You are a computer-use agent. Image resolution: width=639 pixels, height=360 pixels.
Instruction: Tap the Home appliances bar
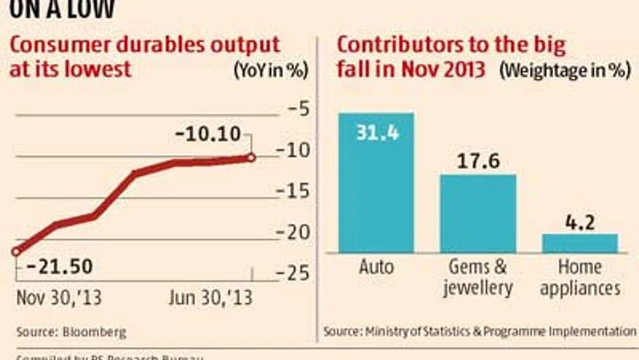click(579, 243)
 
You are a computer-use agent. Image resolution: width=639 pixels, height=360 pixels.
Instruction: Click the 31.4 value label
click(376, 133)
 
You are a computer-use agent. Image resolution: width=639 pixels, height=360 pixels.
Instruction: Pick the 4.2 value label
click(579, 222)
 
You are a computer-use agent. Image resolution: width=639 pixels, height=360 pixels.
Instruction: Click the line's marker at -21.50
click(16, 252)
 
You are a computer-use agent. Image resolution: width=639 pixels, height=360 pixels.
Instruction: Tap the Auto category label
click(376, 268)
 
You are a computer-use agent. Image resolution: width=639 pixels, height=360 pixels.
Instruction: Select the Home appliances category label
click(579, 278)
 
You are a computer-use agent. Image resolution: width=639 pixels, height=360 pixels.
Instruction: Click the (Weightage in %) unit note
click(564, 68)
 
